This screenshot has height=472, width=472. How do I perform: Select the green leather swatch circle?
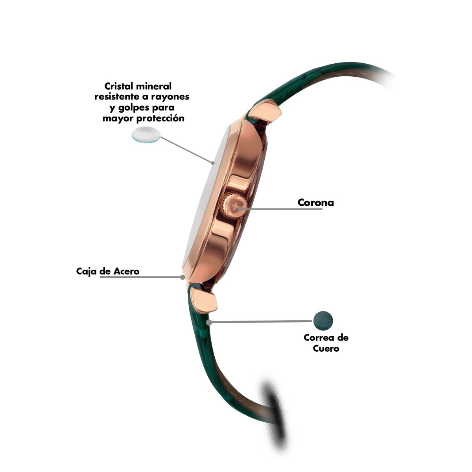click(x=323, y=321)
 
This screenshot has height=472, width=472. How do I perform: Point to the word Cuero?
click(x=326, y=348)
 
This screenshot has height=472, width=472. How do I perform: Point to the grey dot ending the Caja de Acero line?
click(x=182, y=277)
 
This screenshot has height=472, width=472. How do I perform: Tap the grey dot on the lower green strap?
click(x=209, y=323)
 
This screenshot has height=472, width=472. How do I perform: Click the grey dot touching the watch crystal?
click(x=213, y=162)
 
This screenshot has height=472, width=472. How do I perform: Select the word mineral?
click(x=153, y=86)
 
